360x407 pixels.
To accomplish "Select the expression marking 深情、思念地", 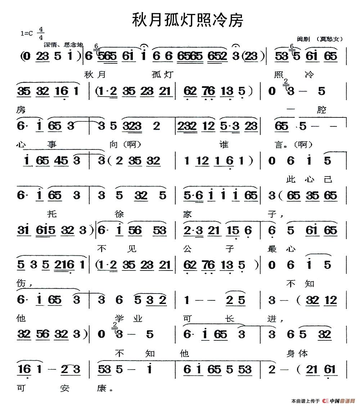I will [63, 45].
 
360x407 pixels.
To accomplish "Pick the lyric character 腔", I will [322, 111].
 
